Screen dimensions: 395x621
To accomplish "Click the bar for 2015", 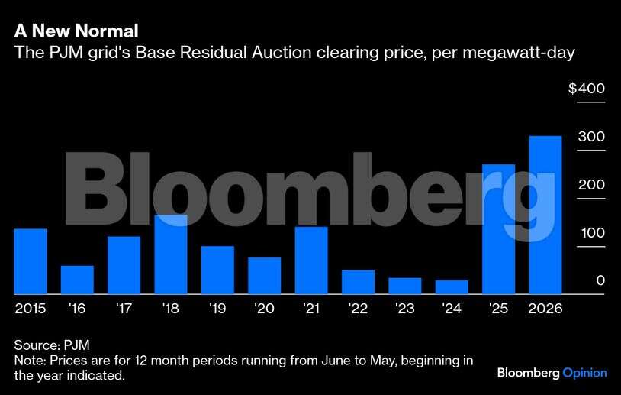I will click(x=31, y=261).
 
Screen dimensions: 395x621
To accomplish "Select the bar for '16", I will click(x=77, y=280).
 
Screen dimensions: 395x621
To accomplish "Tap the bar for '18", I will click(x=171, y=254).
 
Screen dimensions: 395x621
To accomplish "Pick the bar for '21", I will click(x=311, y=261).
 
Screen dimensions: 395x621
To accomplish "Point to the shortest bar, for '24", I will click(x=452, y=287).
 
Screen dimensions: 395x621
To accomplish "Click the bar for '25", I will click(x=498, y=229).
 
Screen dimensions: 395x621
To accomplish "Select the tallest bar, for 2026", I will click(x=545, y=215).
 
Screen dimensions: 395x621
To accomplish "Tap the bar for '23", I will click(x=405, y=286).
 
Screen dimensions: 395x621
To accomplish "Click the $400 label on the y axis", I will click(x=586, y=89).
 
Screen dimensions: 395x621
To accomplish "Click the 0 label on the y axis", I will click(x=600, y=281).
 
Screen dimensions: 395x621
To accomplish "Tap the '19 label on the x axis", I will click(x=217, y=309).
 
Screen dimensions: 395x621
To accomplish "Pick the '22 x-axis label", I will click(x=358, y=309).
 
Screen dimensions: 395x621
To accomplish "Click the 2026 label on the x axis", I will click(x=545, y=309).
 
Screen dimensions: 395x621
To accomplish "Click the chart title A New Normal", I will click(x=76, y=31).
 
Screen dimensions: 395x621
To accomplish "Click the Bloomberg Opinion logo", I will click(x=552, y=373).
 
